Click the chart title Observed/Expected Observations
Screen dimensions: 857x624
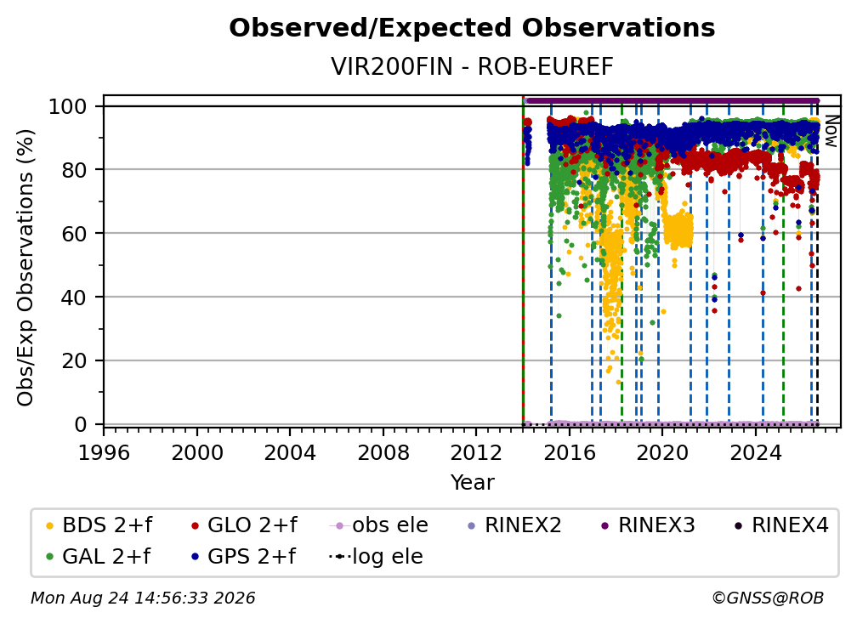tap(472, 28)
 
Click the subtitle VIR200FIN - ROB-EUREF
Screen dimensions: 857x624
tap(472, 66)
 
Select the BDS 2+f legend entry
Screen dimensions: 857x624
tap(99, 525)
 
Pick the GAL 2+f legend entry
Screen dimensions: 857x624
tap(98, 557)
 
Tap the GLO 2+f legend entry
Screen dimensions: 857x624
tap(244, 525)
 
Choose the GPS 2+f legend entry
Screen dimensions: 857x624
tap(243, 557)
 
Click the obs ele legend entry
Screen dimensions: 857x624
tap(379, 525)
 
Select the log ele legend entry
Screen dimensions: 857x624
tap(376, 557)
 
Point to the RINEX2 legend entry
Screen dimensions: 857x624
tap(514, 525)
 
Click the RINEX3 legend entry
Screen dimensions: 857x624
tap(648, 525)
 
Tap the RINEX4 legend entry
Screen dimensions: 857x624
tap(781, 525)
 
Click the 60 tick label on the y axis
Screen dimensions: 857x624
tap(74, 233)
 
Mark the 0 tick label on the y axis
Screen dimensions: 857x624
tap(80, 424)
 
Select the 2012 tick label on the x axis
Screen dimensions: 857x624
tap(476, 453)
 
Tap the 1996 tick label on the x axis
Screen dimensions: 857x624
tap(104, 453)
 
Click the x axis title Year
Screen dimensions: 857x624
tap(472, 483)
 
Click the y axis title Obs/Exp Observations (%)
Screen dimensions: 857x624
tap(26, 268)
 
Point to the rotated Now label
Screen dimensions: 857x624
tap(831, 131)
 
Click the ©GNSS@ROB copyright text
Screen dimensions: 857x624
tap(768, 598)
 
